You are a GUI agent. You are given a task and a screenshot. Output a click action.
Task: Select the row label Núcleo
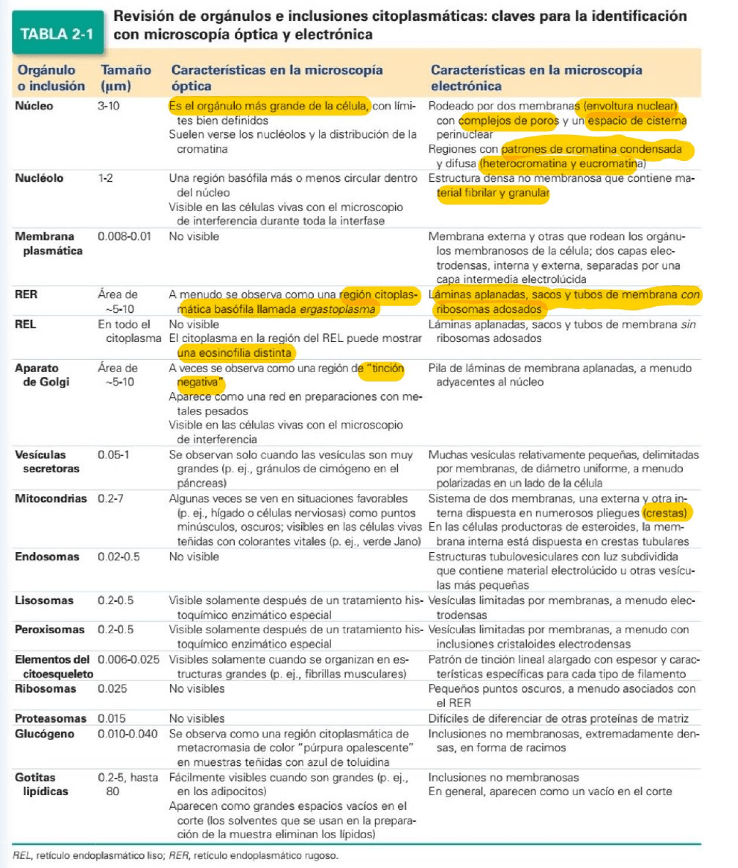pyautogui.click(x=34, y=107)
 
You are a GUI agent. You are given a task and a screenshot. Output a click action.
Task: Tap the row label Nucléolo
pyautogui.click(x=39, y=179)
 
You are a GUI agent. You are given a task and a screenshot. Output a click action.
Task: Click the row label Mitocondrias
pyautogui.click(x=51, y=498)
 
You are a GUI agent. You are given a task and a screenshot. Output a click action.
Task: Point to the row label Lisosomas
pyautogui.click(x=44, y=601)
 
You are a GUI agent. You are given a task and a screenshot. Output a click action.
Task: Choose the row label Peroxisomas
pyautogui.click(x=50, y=630)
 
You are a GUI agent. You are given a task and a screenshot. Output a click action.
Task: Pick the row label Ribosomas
pyautogui.click(x=45, y=689)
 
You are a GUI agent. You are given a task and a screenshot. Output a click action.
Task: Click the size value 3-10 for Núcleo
pyautogui.click(x=109, y=107)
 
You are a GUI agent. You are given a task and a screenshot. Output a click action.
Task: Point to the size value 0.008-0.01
pyautogui.click(x=125, y=237)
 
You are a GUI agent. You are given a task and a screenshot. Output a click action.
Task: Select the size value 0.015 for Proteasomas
pyautogui.click(x=112, y=718)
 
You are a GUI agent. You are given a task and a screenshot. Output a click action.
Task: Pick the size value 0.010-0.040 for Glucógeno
pyautogui.click(x=128, y=733)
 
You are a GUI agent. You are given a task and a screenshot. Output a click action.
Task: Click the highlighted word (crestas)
pyautogui.click(x=666, y=513)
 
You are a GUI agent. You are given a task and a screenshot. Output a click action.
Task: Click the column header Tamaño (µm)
pyautogui.click(x=125, y=77)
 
